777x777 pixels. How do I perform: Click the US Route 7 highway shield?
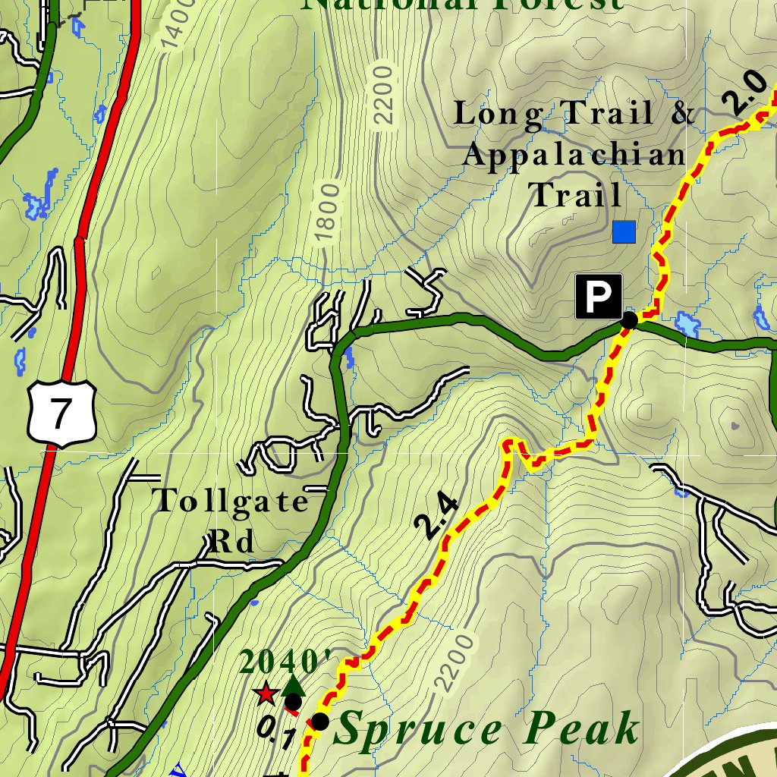coord(61,413)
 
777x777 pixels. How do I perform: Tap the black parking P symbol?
coord(598,296)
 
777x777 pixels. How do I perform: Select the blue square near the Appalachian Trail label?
coord(624,231)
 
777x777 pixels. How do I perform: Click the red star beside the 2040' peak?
coord(266,693)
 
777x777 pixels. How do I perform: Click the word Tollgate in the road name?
coord(231,502)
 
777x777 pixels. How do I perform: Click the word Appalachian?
coord(574,155)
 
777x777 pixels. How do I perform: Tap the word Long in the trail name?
coord(498,114)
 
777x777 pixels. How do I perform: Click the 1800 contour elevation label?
coord(327,213)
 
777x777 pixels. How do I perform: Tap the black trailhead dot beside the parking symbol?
coord(628,320)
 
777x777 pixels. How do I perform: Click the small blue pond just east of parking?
coord(687,324)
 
